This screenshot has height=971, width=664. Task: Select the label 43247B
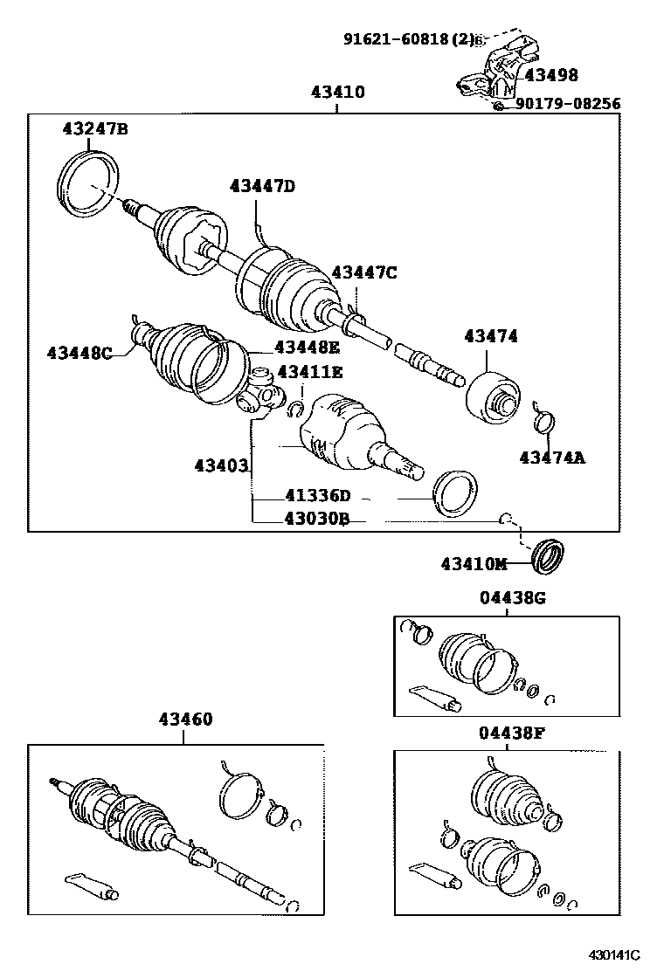pyautogui.click(x=94, y=129)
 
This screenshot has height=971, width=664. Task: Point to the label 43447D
pyautogui.click(x=262, y=185)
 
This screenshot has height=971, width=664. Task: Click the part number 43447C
pyautogui.click(x=363, y=272)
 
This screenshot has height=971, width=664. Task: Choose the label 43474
pyautogui.click(x=490, y=336)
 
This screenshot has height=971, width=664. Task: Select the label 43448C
pyautogui.click(x=80, y=352)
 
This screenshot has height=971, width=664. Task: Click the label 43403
pyautogui.click(x=221, y=465)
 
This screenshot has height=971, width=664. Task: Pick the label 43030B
pyautogui.click(x=316, y=519)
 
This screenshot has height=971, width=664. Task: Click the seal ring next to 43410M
pyautogui.click(x=549, y=556)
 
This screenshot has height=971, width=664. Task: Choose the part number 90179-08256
pyautogui.click(x=568, y=104)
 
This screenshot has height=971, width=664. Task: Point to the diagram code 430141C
pyautogui.click(x=613, y=954)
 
